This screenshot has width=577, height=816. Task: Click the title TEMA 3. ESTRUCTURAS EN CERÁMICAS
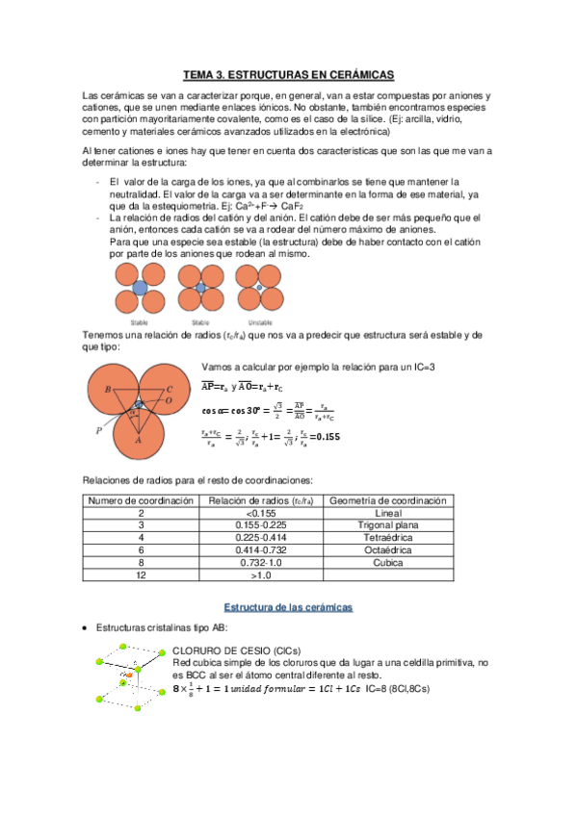pyautogui.click(x=288, y=73)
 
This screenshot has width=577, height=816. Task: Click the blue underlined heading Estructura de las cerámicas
pyautogui.click(x=288, y=607)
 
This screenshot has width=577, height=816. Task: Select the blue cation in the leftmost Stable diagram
pyautogui.click(x=139, y=289)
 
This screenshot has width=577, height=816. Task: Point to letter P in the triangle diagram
pyautogui.click(x=99, y=431)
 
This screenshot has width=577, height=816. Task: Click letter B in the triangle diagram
pyautogui.click(x=108, y=388)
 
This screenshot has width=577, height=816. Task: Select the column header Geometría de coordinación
pyautogui.click(x=387, y=500)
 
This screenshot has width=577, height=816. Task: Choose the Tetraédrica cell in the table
pyautogui.click(x=387, y=538)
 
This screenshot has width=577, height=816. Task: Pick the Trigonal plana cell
pyautogui.click(x=387, y=525)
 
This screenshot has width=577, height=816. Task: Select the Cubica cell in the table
pyautogui.click(x=387, y=562)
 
